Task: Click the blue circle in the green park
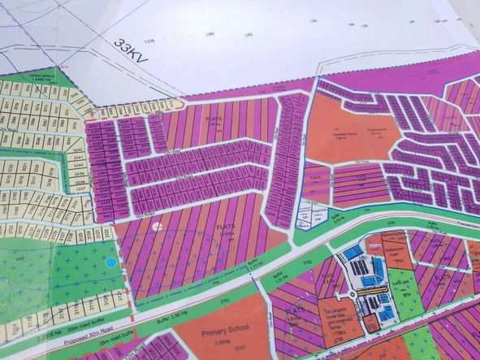pyautogui.click(x=110, y=262)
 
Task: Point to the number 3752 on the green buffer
pyautogui.click(x=285, y=262)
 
